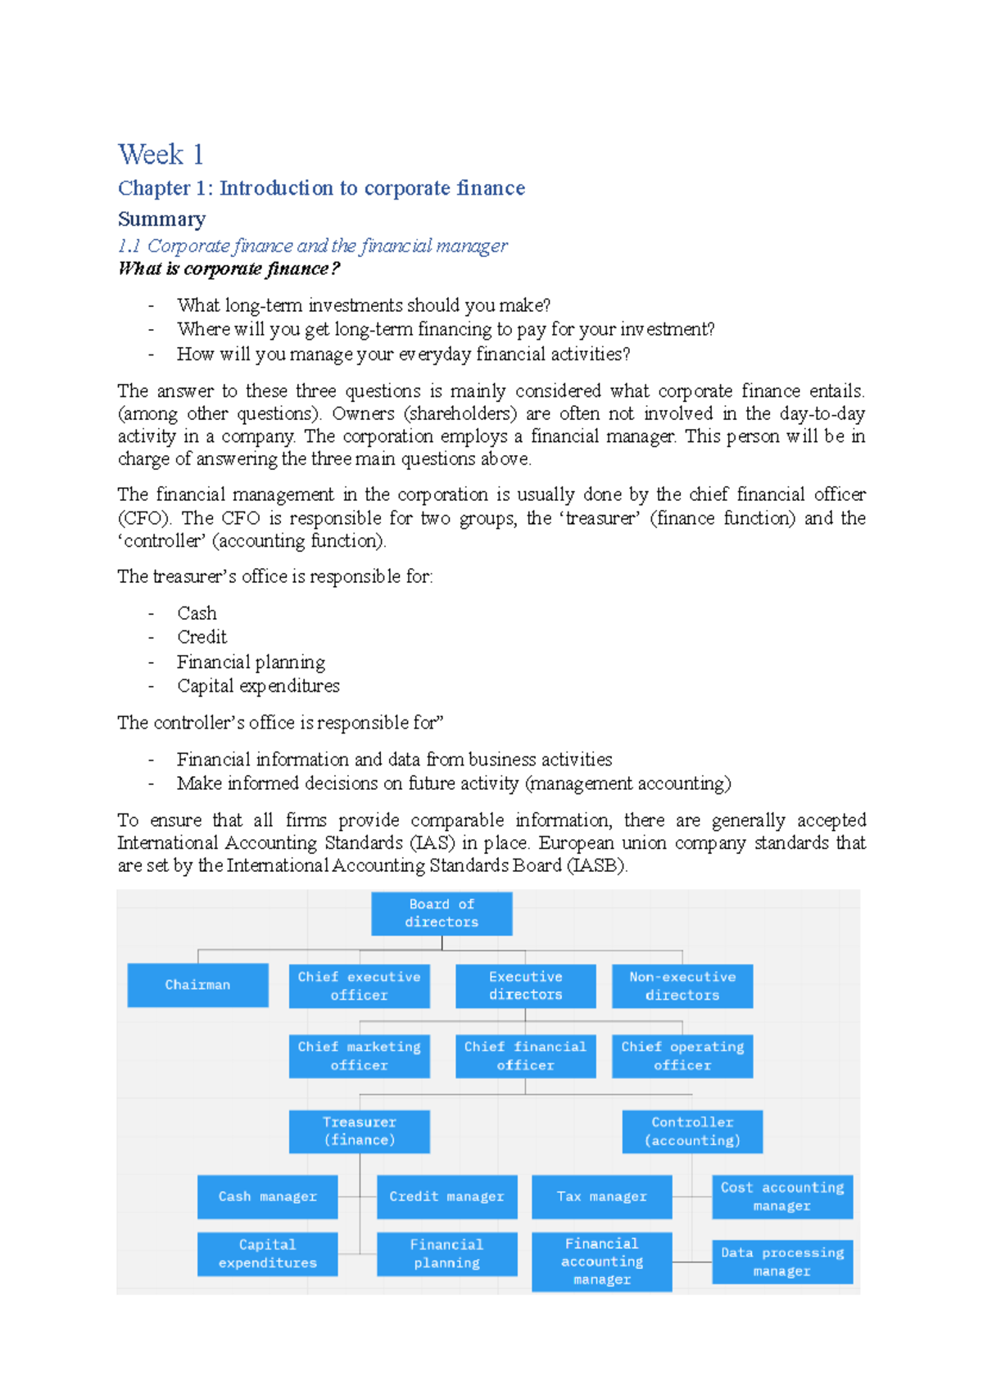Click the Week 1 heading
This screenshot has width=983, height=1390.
coord(161,155)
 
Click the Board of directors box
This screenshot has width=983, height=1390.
coord(442,914)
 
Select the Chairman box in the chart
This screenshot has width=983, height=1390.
coord(197,985)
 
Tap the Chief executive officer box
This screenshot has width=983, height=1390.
coord(359,986)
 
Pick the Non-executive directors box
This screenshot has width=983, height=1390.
coord(682,986)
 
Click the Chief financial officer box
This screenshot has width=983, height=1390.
coord(525,1056)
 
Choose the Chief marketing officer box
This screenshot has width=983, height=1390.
coord(359,1056)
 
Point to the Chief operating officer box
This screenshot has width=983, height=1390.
coord(682,1056)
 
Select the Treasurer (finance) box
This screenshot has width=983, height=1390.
coord(359,1131)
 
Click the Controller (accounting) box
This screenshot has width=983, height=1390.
coord(692,1131)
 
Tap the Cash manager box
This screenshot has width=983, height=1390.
coord(267,1197)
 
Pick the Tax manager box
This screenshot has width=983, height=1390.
coord(601,1197)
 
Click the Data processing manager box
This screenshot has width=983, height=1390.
coord(781,1261)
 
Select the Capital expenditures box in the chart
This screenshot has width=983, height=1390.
coord(267,1254)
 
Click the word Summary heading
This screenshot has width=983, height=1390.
coord(161,219)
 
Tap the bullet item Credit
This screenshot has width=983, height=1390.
coord(202,637)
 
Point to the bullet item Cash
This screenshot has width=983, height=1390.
coord(197,613)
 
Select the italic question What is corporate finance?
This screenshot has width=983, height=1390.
coord(229,269)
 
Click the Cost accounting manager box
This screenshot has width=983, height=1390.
coord(781,1197)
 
